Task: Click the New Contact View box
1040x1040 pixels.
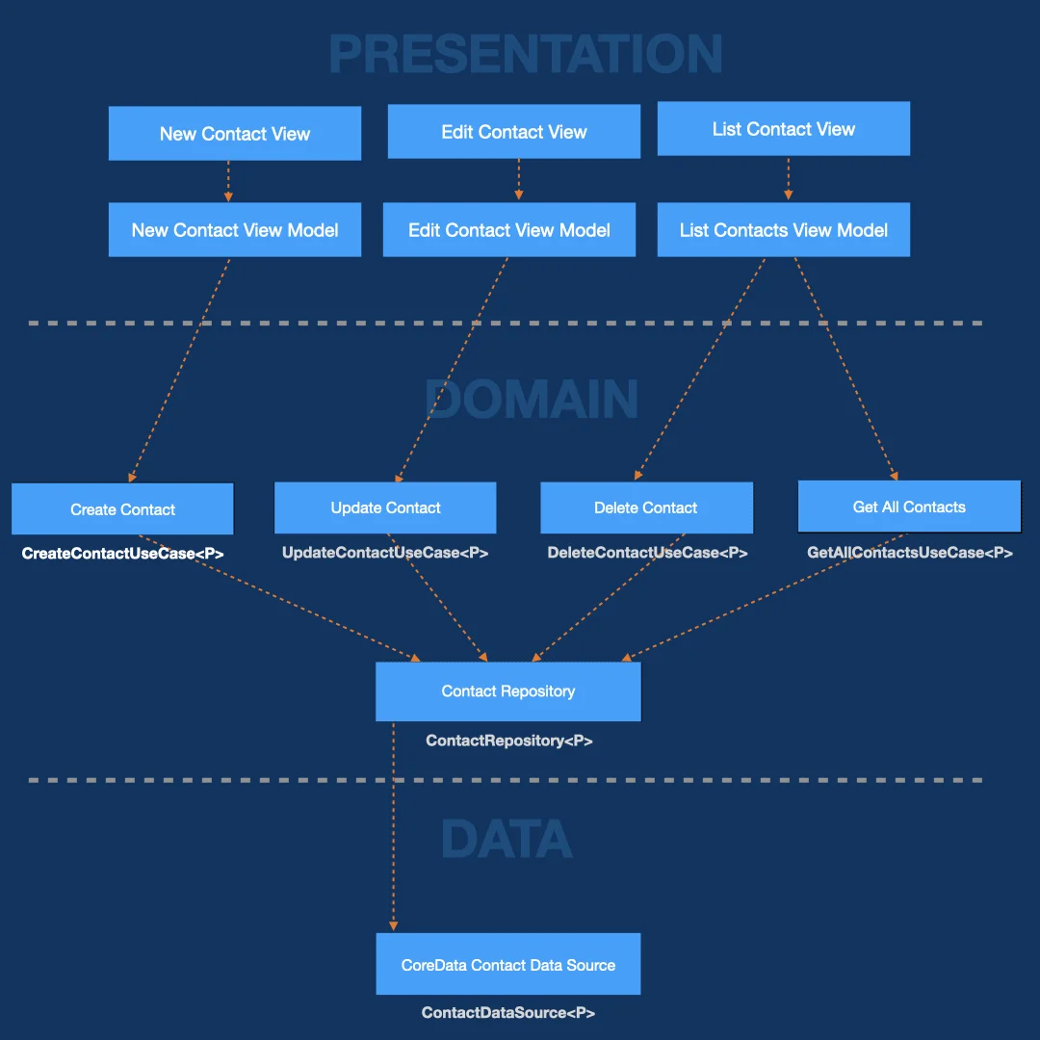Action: click(235, 133)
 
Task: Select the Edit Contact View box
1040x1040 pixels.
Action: click(514, 131)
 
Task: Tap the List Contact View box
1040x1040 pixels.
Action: click(783, 129)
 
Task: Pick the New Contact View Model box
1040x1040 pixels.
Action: click(235, 229)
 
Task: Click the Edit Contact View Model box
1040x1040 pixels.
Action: click(509, 229)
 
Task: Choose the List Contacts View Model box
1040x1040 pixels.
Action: click(783, 229)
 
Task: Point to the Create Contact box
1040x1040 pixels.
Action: click(122, 508)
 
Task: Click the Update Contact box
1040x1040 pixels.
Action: click(385, 507)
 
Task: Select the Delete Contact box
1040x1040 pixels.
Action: click(647, 507)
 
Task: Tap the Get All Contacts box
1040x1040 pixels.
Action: click(909, 507)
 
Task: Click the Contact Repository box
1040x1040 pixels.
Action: click(508, 691)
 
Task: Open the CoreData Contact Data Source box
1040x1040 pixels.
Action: click(508, 964)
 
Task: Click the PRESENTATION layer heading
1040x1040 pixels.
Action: click(526, 54)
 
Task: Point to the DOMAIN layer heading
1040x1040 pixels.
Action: click(532, 400)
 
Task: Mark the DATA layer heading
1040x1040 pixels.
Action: click(507, 839)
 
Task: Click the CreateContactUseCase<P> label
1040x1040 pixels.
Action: click(122, 553)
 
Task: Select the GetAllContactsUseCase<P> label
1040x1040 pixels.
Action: click(909, 553)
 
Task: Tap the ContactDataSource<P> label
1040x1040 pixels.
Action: click(508, 1013)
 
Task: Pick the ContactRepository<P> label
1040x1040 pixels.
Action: click(508, 741)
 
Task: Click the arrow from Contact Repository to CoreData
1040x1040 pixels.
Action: click(393, 826)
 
